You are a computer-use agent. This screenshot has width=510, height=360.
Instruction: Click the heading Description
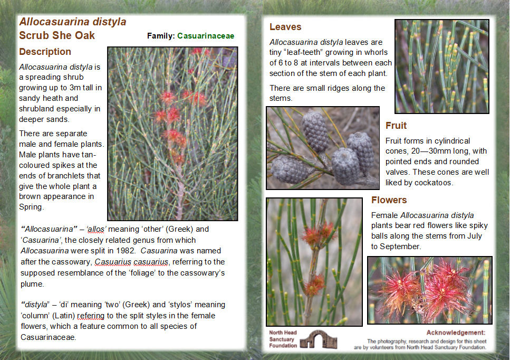45,52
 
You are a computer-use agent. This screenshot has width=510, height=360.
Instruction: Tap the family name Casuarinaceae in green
206,36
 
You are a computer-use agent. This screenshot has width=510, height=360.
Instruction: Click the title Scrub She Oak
57,35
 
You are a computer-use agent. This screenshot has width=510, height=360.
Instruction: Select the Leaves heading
285,27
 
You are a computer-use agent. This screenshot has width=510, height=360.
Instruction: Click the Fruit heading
396,126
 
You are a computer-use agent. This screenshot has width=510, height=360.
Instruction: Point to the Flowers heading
389,200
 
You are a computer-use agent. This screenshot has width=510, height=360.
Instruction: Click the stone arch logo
318,339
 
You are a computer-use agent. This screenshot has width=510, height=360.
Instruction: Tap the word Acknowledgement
456,333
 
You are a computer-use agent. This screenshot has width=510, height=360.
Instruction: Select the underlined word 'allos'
97,229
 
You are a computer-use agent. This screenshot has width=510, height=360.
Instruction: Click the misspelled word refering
91,316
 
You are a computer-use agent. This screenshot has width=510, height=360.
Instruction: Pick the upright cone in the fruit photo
315,131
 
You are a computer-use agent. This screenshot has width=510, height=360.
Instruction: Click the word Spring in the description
31,207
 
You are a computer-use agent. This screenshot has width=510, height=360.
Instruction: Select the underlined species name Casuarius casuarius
132,262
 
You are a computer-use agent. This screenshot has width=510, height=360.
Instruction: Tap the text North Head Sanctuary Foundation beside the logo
283,339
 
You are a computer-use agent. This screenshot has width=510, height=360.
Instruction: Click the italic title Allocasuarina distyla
73,22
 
